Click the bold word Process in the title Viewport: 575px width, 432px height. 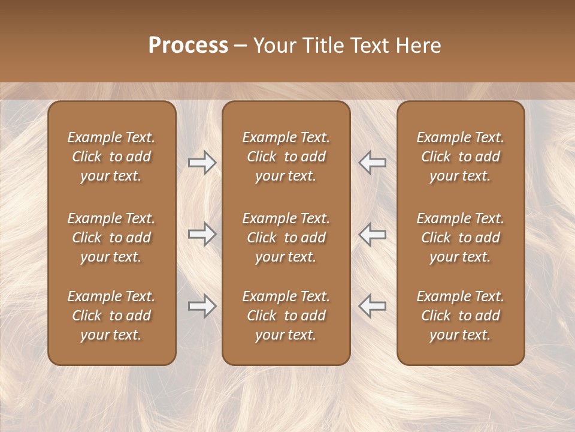(188, 46)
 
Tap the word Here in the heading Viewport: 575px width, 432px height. (418, 46)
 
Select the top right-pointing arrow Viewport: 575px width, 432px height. (202, 163)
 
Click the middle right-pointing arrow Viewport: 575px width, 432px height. (202, 234)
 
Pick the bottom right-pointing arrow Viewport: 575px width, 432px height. (202, 306)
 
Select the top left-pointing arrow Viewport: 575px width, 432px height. (373, 163)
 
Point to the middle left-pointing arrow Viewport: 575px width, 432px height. (373, 234)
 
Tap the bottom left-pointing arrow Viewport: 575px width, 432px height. (373, 306)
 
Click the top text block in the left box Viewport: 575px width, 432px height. (111, 157)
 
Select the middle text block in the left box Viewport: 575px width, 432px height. (111, 238)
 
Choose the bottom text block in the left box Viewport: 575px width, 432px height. (111, 316)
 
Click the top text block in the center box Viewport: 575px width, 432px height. (286, 157)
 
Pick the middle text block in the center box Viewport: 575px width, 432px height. (286, 238)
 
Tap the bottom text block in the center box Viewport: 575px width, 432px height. (286, 316)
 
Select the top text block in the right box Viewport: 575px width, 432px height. (461, 157)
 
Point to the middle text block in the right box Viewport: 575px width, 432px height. (461, 238)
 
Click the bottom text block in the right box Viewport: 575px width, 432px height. (461, 316)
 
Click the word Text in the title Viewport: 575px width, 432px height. (371, 46)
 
